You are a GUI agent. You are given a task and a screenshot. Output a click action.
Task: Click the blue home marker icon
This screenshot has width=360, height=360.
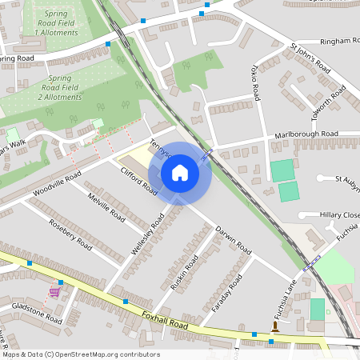(x=180, y=173)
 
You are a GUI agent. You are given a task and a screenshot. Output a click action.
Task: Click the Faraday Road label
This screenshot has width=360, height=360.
(x=230, y=294)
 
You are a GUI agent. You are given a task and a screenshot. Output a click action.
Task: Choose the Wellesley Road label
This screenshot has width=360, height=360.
(x=149, y=234)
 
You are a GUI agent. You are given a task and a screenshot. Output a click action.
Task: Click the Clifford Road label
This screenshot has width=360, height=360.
(x=139, y=181)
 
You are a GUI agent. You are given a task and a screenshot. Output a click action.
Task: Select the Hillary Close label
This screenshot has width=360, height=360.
(x=339, y=215)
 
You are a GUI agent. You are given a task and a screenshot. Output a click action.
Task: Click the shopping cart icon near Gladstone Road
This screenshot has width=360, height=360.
(x=55, y=291)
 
